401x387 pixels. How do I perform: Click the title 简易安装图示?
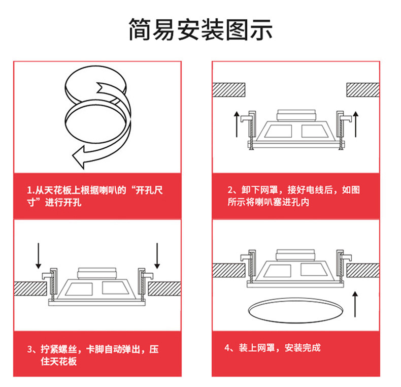coord(200,29)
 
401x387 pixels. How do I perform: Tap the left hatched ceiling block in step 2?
coord(228,90)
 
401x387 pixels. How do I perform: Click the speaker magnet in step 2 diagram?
coord(295,115)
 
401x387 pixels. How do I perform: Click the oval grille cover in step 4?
coord(296,310)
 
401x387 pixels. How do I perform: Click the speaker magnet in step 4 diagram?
coord(295,255)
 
